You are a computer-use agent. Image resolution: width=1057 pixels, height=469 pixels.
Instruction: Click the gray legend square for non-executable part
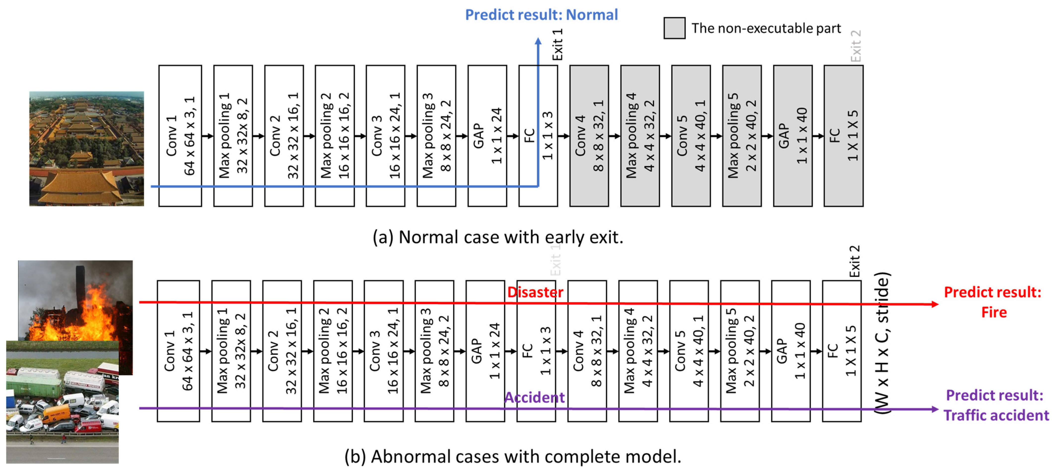(674, 28)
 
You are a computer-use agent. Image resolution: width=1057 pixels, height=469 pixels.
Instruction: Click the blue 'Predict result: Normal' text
(541, 15)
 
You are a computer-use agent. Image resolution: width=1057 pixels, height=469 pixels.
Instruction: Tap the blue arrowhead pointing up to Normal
(538, 41)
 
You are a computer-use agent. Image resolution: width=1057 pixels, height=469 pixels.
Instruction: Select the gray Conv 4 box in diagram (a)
(589, 136)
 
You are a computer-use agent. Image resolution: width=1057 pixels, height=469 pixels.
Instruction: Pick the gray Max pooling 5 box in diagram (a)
(742, 136)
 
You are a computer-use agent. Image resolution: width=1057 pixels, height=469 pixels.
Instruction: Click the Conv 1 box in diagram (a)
(180, 136)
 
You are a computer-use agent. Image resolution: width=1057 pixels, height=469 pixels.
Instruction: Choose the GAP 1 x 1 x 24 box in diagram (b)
(485, 351)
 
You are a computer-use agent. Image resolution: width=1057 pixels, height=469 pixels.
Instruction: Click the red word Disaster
(535, 292)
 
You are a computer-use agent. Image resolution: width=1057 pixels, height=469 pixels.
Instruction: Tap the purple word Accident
(534, 397)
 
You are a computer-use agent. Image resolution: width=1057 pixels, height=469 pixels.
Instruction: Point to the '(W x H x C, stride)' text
(881, 343)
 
